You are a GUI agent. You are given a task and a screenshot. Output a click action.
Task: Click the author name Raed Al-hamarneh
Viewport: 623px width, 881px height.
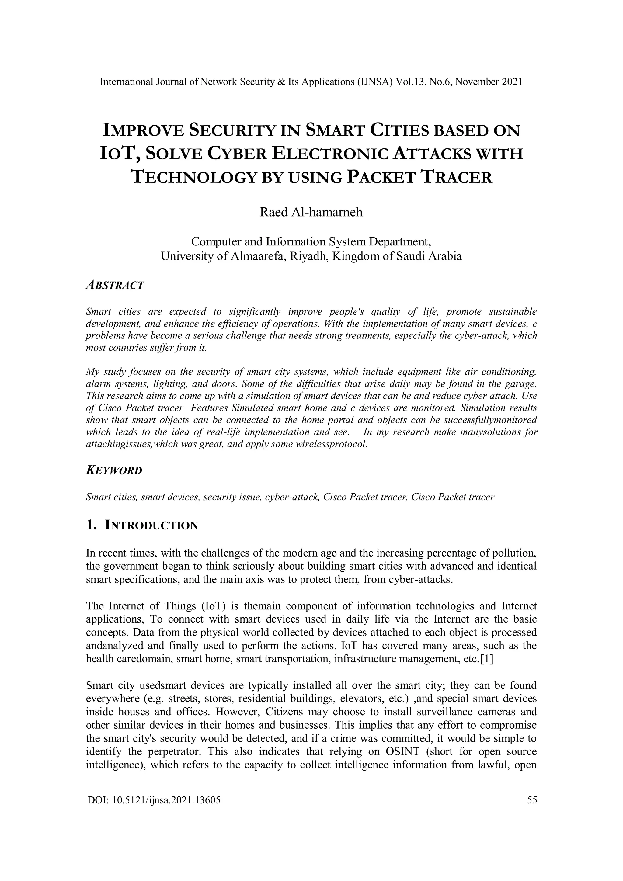click(x=311, y=212)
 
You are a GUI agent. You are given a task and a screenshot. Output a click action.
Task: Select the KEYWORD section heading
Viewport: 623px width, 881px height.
click(x=114, y=470)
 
